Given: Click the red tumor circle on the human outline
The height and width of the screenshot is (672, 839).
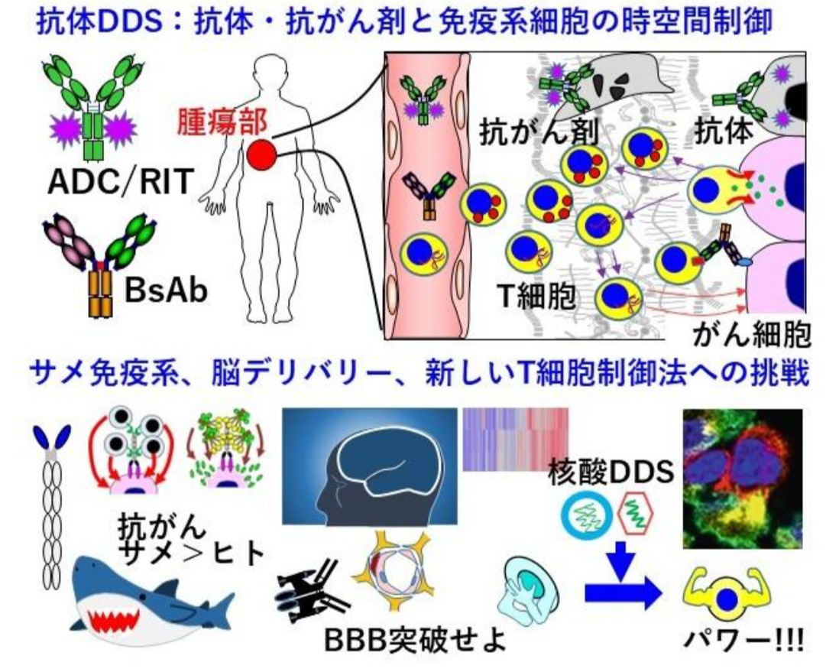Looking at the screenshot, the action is tap(261, 155).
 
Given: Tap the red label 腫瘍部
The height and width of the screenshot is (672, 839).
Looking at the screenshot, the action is tap(222, 122).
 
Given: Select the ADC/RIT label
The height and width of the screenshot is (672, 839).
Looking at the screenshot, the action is tap(121, 182).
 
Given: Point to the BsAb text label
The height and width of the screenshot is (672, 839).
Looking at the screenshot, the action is tap(166, 291).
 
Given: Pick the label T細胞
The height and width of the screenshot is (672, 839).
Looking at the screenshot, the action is tap(536, 296).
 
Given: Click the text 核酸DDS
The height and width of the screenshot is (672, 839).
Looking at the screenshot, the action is tap(611, 472).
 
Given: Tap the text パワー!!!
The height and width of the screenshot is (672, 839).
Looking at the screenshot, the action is tap(744, 639).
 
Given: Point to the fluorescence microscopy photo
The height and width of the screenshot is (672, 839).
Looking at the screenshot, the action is tap(743, 479).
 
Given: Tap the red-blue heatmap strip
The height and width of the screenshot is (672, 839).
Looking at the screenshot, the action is tap(515, 439).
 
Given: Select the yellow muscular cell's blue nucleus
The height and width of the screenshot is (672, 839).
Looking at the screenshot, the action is tap(727, 600).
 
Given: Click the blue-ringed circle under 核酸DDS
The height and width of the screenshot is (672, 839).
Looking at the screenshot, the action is tap(586, 517).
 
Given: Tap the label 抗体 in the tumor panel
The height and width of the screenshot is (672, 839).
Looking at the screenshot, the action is tap(724, 130).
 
